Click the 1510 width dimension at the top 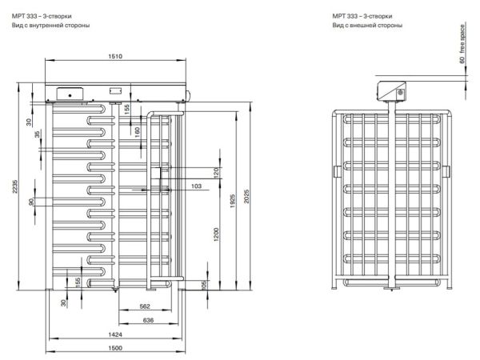click(x=115, y=56)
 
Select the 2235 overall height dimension click(x=14, y=186)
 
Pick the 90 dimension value click(x=32, y=202)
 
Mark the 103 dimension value click(x=197, y=186)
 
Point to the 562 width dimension click(x=145, y=306)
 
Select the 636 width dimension click(x=148, y=321)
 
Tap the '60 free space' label click(x=462, y=44)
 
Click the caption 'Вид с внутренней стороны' click(x=50, y=26)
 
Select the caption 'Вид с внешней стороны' click(x=368, y=26)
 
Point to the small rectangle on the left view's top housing click(x=115, y=91)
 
